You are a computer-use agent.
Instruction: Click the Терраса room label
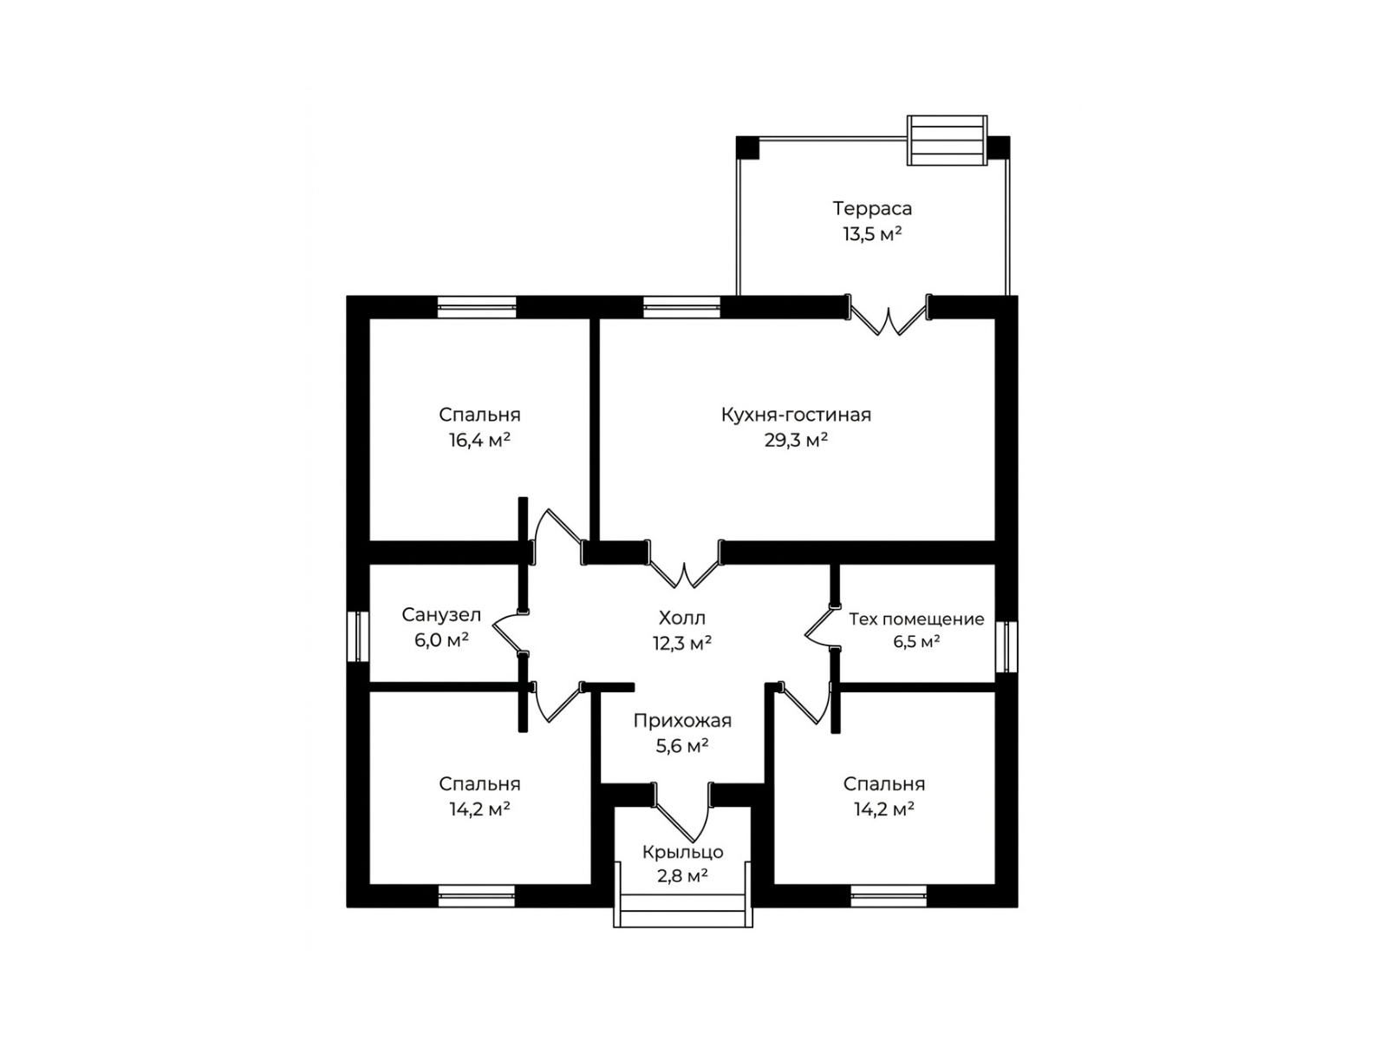(872, 208)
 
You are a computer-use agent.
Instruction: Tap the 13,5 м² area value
(872, 234)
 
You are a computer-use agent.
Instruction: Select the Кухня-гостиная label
(796, 416)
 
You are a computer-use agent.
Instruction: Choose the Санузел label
(441, 615)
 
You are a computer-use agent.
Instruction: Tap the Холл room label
(682, 618)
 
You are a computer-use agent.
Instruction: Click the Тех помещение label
(916, 619)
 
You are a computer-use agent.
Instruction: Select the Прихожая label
(682, 721)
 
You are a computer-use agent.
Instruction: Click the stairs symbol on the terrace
(947, 141)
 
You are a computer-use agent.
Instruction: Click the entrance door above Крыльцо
(683, 812)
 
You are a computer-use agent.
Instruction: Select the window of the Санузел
(358, 636)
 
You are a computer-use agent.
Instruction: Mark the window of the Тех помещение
(1006, 646)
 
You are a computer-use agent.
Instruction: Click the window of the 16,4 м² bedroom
(477, 307)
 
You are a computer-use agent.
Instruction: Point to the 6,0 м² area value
(441, 640)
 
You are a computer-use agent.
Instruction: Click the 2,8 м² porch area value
(682, 876)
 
